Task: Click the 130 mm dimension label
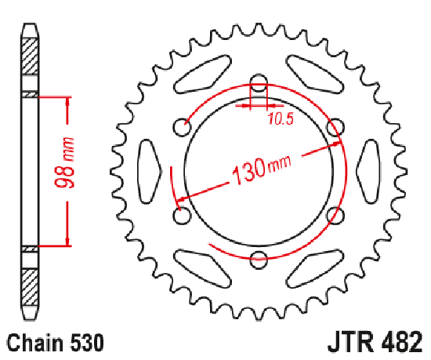coord(261,170)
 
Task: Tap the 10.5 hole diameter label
coord(281,119)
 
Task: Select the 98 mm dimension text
coord(64,163)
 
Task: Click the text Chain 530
coord(56,343)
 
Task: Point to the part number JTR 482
coord(375,342)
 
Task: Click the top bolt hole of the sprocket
coord(259,83)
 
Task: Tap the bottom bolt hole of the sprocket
coord(259,260)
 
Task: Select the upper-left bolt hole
coord(183,127)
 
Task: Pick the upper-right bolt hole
coord(335,127)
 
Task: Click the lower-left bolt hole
coord(182,216)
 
